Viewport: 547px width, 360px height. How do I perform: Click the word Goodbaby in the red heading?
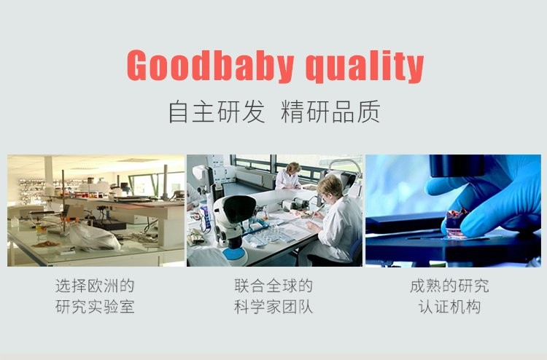pyautogui.click(x=210, y=66)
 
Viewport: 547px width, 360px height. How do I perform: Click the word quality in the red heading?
pyautogui.click(x=365, y=66)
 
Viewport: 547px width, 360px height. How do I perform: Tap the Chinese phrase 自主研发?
pyautogui.click(x=217, y=111)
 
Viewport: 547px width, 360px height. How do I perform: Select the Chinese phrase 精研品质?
pyautogui.click(x=330, y=111)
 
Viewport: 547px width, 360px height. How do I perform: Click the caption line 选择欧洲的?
pyautogui.click(x=95, y=286)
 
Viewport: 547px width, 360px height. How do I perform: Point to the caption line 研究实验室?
pyautogui.click(x=95, y=307)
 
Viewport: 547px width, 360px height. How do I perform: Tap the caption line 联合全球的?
pyautogui.click(x=273, y=286)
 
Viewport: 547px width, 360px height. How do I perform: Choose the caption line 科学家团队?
pyautogui.click(x=273, y=307)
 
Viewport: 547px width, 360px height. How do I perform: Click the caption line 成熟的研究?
pyautogui.click(x=449, y=286)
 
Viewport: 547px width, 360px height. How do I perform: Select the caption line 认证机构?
pyautogui.click(x=449, y=307)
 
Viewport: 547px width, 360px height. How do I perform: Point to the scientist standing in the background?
pyautogui.click(x=288, y=176)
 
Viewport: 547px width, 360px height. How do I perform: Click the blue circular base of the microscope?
pyautogui.click(x=233, y=255)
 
